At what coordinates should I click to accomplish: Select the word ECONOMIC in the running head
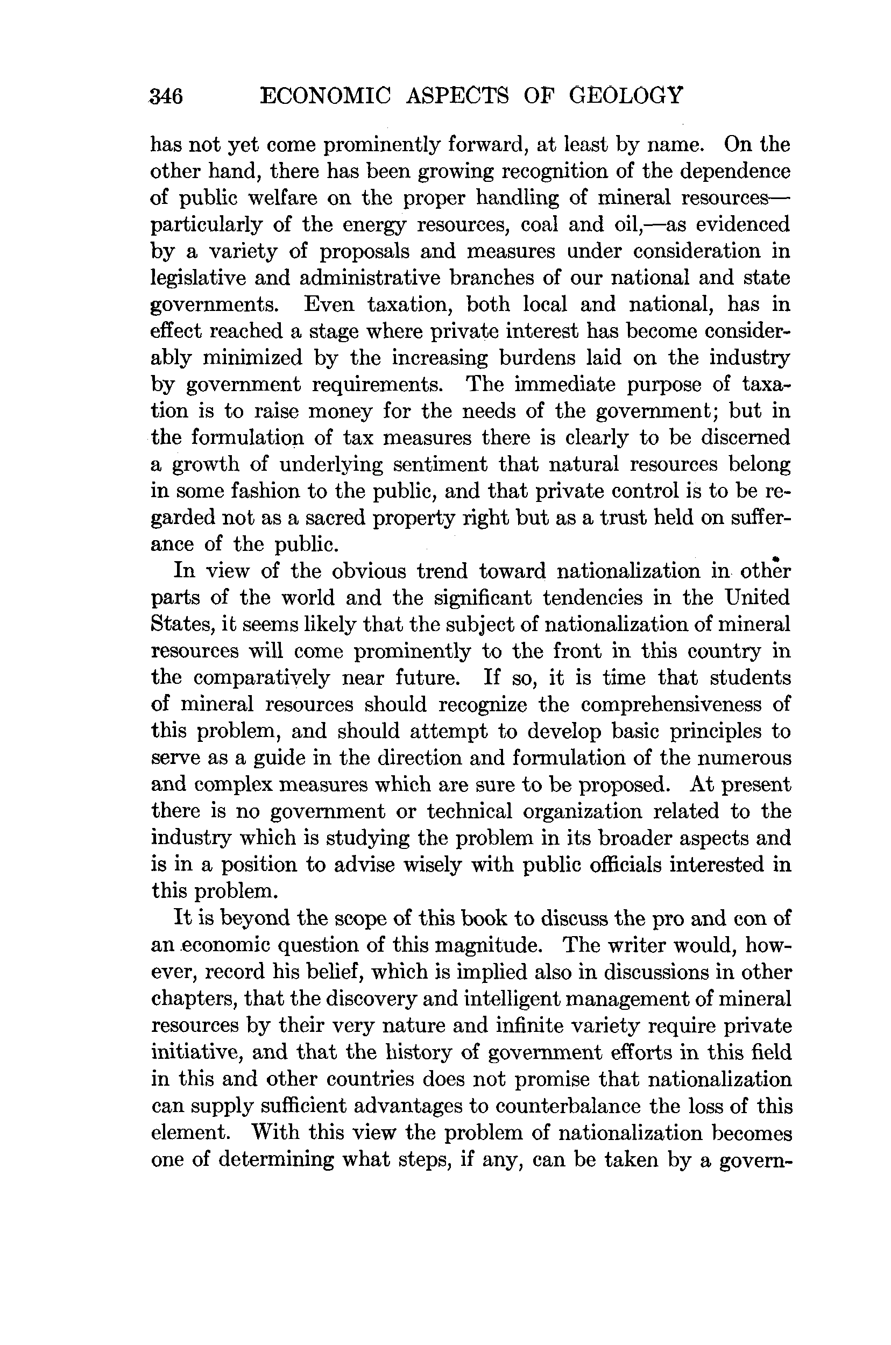(x=325, y=95)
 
